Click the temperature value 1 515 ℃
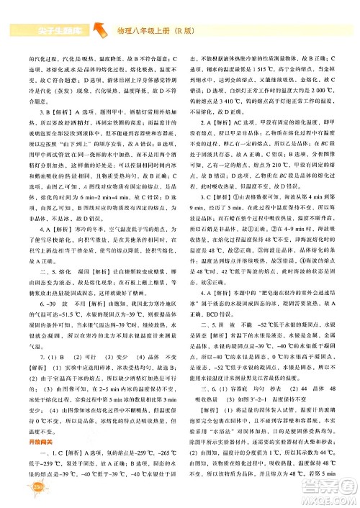(264, 77)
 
